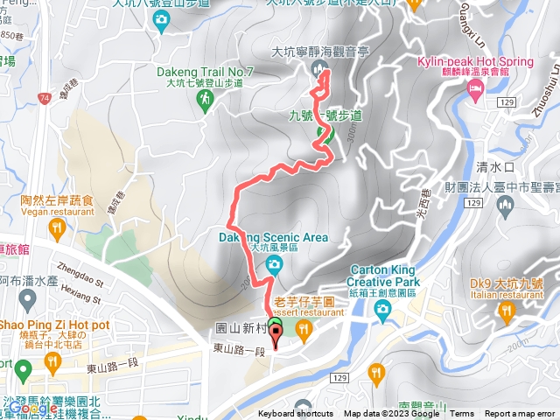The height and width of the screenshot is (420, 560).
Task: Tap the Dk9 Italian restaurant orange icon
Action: (x=507, y=310)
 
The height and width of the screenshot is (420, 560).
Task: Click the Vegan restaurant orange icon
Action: (x=58, y=229)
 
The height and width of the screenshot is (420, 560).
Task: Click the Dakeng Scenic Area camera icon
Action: (x=275, y=264)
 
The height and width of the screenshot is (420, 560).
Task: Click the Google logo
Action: (x=33, y=407)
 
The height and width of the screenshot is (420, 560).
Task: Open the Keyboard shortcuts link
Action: (x=296, y=414)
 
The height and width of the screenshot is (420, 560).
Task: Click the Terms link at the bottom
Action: (x=462, y=414)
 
